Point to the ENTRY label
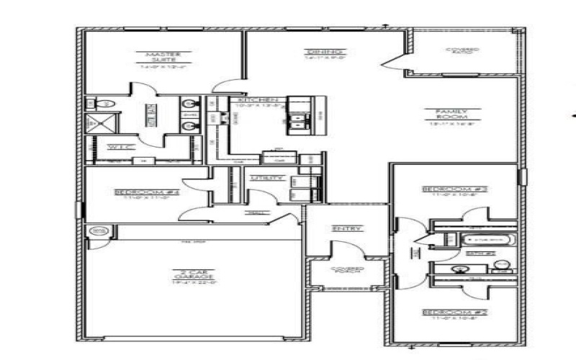[x=346, y=228]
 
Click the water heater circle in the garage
[x=98, y=232]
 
